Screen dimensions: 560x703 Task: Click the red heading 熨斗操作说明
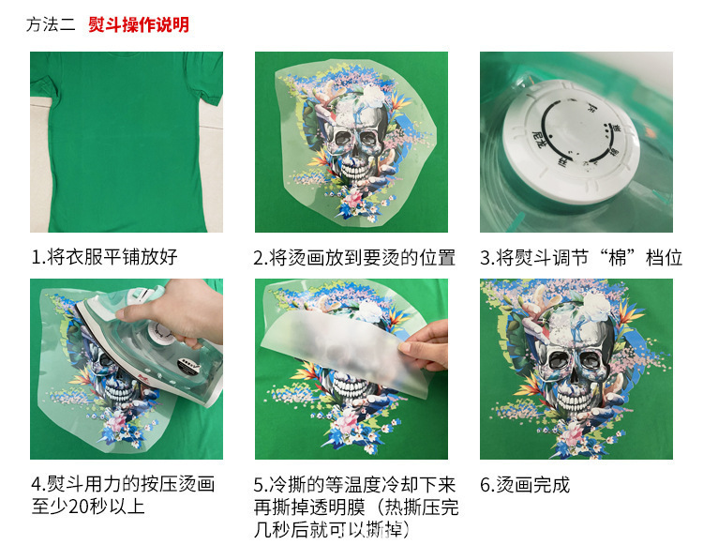click(x=139, y=24)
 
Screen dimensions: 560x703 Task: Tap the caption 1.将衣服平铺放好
click(x=104, y=257)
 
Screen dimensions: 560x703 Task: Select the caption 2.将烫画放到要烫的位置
click(x=353, y=257)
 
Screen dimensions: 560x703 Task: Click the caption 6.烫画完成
click(x=524, y=485)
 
